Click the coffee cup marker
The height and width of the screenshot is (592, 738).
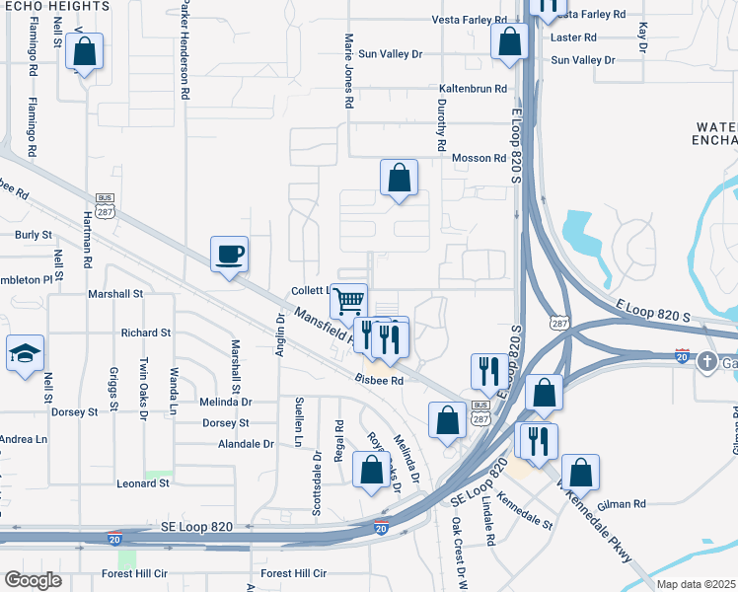tap(229, 255)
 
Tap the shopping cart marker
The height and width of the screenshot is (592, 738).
tap(347, 301)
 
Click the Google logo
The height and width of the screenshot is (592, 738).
tap(34, 580)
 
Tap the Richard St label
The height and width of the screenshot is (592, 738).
tap(146, 333)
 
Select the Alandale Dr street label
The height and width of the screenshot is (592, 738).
tap(239, 444)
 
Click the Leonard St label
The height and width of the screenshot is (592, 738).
tap(144, 483)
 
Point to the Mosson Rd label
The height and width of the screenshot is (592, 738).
tap(479, 158)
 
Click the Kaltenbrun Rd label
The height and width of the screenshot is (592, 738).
tap(473, 89)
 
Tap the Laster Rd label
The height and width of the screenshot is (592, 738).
tap(575, 37)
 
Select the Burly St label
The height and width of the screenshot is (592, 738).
tap(34, 236)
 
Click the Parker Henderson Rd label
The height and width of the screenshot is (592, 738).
tap(184, 49)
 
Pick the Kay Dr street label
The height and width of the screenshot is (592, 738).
tap(642, 37)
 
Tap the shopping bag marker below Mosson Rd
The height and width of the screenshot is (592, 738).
tap(399, 179)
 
